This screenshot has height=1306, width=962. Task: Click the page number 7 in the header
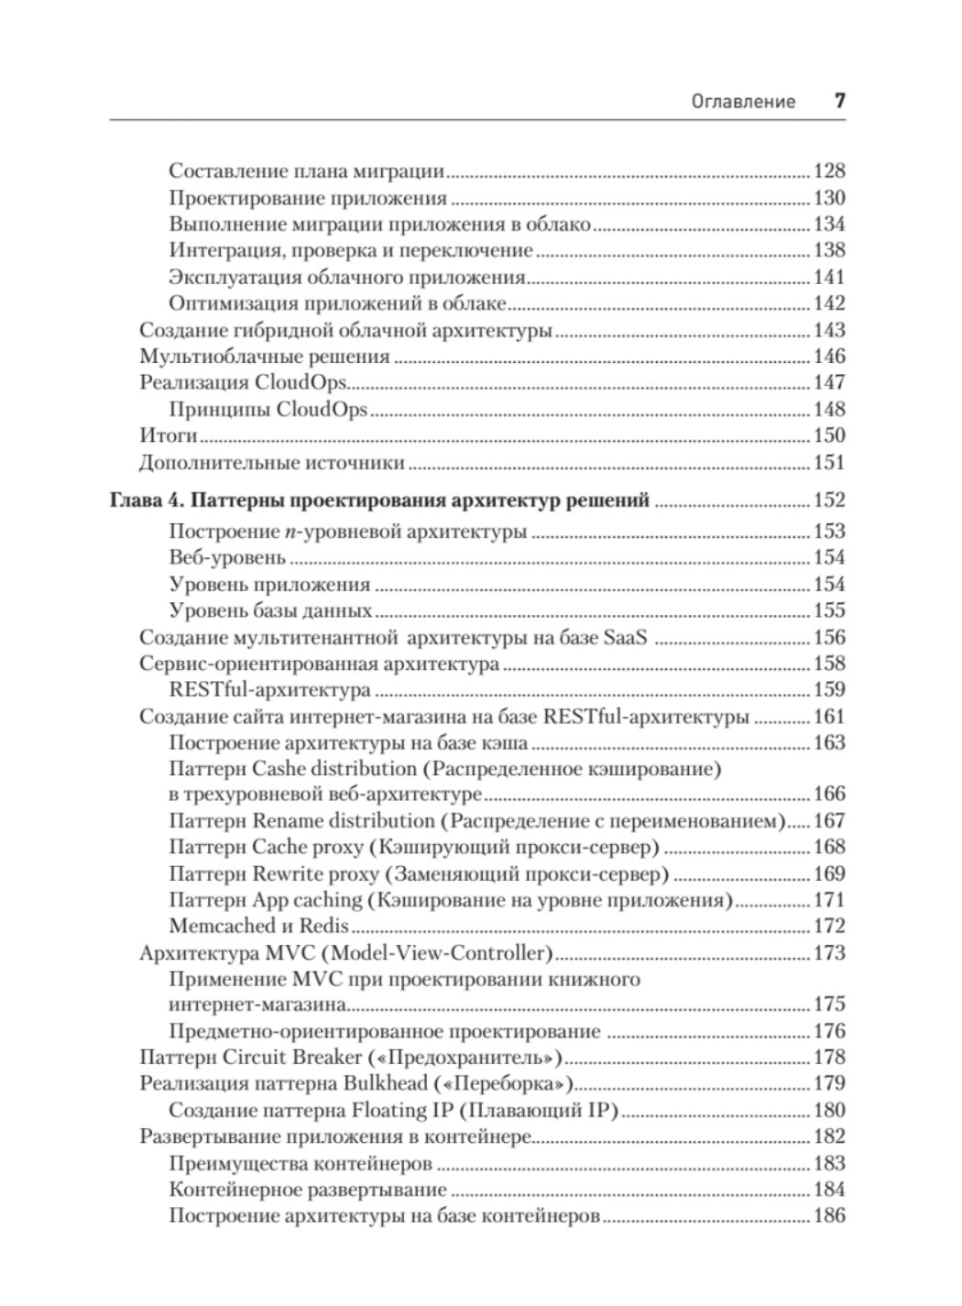(x=838, y=101)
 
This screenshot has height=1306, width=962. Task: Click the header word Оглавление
(x=743, y=102)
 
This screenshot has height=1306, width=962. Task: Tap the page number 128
(x=829, y=171)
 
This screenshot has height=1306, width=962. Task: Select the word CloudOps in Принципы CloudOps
(x=322, y=410)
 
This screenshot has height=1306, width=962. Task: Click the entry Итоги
(x=169, y=436)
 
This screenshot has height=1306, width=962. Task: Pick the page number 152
(x=829, y=500)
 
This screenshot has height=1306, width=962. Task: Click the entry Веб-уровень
(x=227, y=558)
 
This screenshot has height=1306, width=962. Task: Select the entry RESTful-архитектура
(x=270, y=690)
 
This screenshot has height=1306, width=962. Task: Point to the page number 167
(x=829, y=821)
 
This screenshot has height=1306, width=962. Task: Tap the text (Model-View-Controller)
(x=436, y=953)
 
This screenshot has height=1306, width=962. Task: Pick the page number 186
(x=829, y=1217)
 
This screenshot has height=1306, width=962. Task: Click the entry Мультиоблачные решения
(x=265, y=357)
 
